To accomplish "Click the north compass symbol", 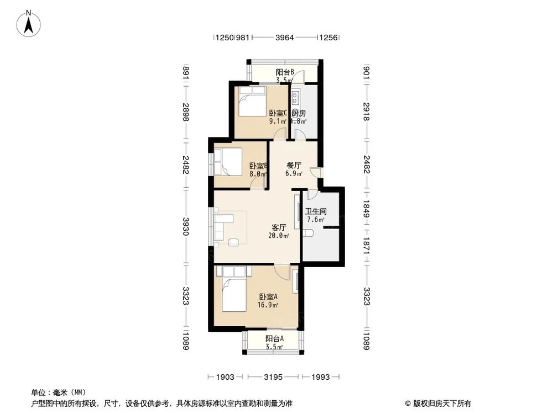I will [x=29, y=23].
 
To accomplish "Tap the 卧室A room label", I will [x=268, y=296].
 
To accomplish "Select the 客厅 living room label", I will [x=279, y=227].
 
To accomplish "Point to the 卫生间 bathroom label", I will [x=316, y=211].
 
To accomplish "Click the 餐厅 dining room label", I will [x=294, y=165].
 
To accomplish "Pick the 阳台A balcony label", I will [x=274, y=339].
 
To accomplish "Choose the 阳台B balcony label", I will [x=285, y=72].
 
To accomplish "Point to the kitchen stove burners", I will [x=295, y=98].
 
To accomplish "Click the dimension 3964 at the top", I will [x=284, y=38].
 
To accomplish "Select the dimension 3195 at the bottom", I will [x=273, y=377].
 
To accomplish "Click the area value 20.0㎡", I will [x=279, y=236].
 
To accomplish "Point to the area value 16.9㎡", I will [x=268, y=304].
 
